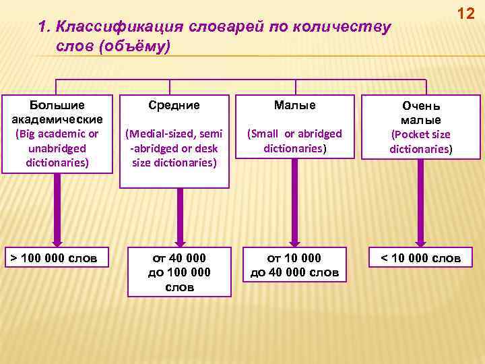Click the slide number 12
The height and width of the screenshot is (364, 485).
[465, 13]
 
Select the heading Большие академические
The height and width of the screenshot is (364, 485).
[57, 112]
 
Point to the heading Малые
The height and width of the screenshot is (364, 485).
[294, 105]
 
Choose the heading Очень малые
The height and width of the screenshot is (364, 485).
[421, 113]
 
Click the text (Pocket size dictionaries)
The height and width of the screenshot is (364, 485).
[421, 142]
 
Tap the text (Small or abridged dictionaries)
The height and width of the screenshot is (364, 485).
[294, 141]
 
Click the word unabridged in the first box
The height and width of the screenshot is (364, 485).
[57, 148]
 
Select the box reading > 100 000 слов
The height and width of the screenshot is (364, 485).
[57, 257]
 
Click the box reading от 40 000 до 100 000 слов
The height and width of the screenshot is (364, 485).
[179, 272]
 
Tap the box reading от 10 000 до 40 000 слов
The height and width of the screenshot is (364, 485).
[294, 265]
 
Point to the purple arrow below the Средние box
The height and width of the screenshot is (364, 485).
[179, 216]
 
